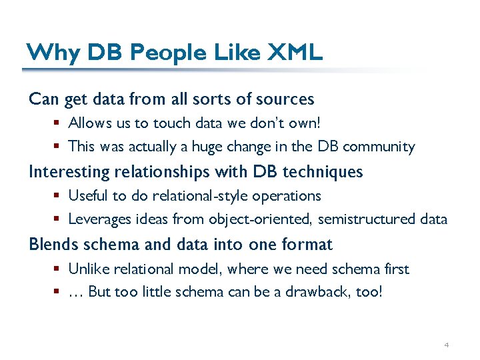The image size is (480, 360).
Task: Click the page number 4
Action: pyautogui.click(x=447, y=345)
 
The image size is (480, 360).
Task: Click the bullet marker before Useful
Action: pyautogui.click(x=59, y=196)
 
